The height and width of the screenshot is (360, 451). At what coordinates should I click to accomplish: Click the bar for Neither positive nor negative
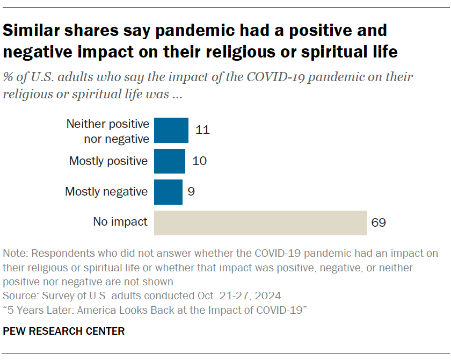[171, 131]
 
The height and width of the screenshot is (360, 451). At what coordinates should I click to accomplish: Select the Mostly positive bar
[170, 161]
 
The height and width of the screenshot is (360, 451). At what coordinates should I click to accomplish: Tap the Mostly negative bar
[168, 192]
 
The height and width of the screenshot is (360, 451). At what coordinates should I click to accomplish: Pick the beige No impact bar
[260, 222]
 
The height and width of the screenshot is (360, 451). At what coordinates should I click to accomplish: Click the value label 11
[202, 131]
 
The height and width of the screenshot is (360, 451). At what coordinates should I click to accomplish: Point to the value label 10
[200, 161]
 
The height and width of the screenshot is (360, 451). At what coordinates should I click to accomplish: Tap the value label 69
[379, 222]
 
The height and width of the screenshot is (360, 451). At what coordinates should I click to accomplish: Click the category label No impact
[120, 222]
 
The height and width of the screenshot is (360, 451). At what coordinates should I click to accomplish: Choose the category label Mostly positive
[108, 161]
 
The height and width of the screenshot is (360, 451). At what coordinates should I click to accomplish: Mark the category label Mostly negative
[106, 192]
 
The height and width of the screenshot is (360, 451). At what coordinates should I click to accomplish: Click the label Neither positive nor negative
[107, 131]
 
